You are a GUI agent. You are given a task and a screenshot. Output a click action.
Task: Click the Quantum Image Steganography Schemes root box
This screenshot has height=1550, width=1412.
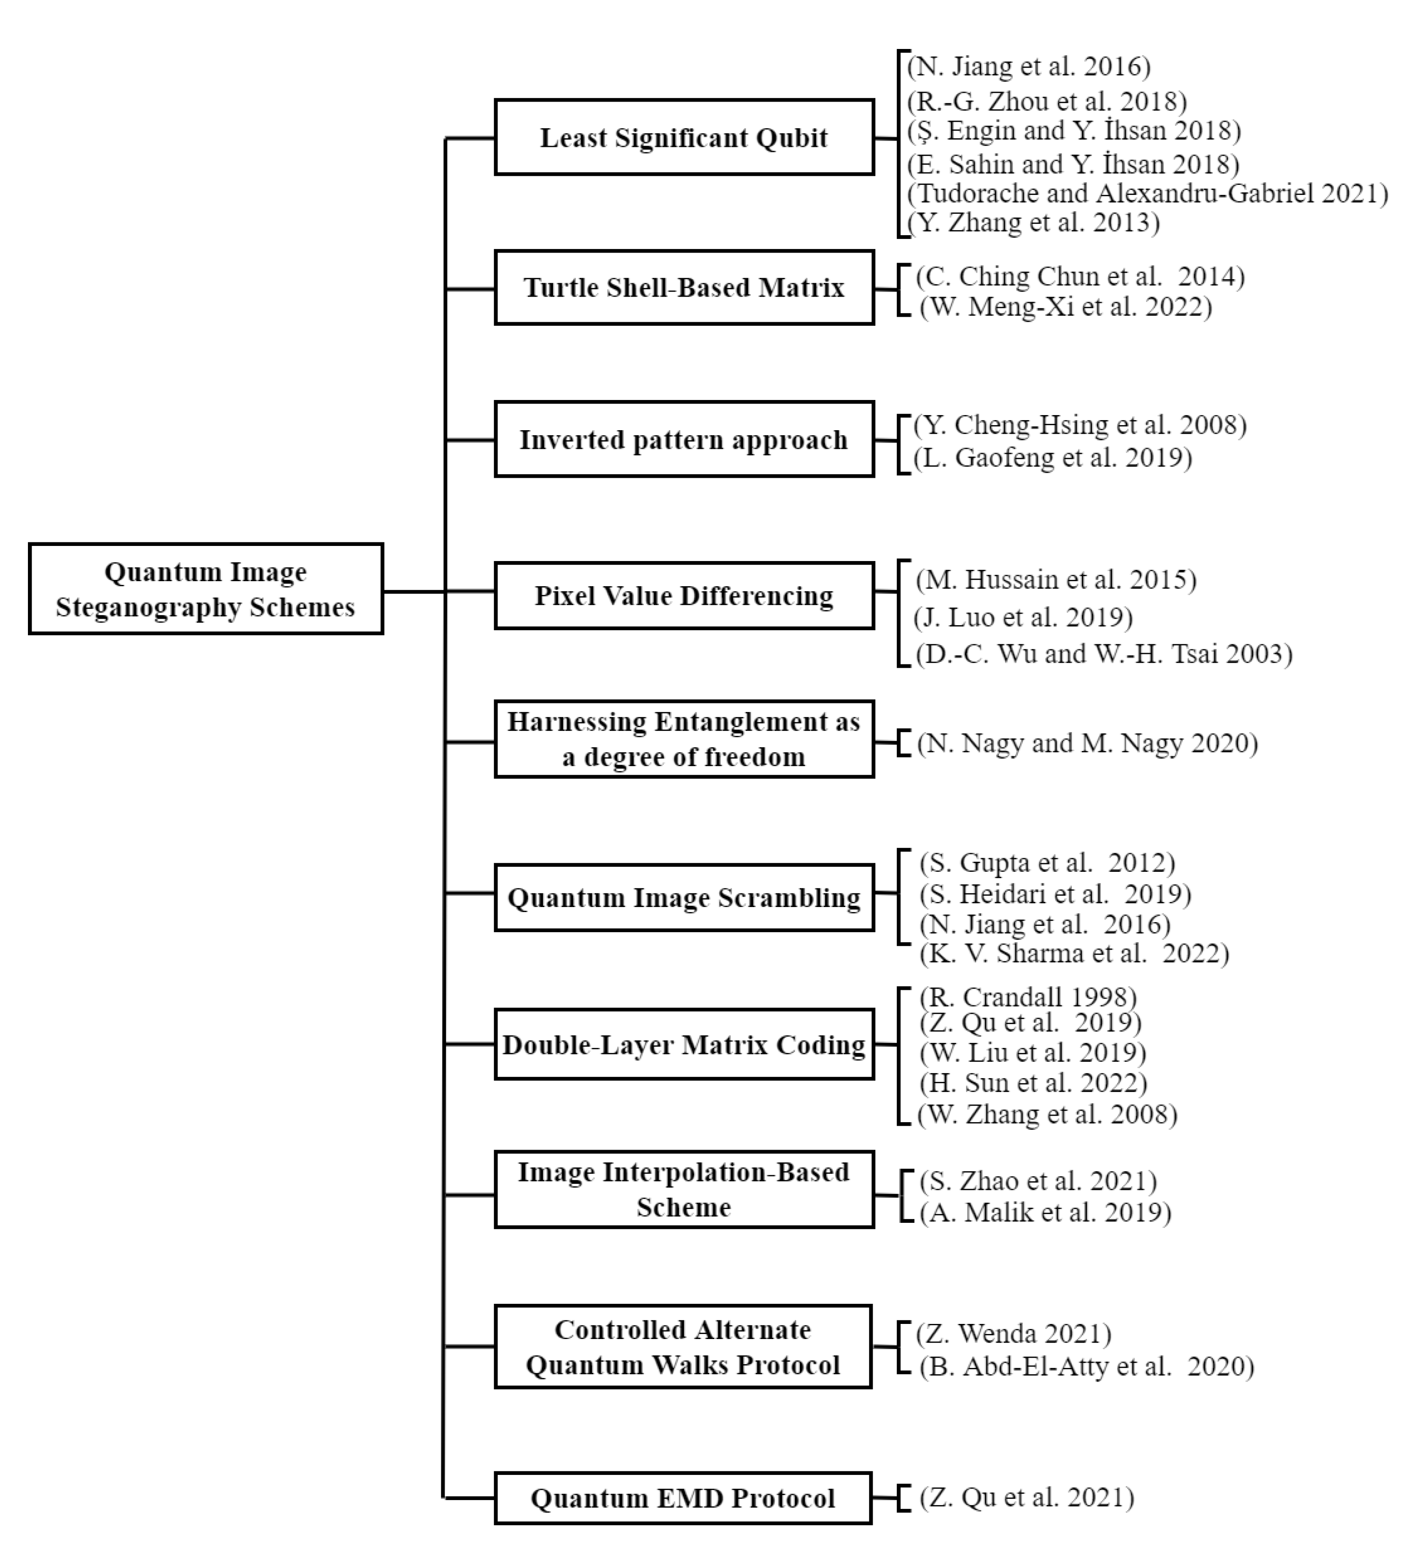[x=205, y=589]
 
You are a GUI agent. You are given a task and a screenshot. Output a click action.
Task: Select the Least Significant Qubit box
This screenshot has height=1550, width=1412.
[x=684, y=138]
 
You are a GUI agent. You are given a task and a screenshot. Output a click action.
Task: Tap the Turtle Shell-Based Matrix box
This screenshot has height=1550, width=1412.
[x=684, y=287]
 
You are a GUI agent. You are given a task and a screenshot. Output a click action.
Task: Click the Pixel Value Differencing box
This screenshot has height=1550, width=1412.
[x=684, y=596]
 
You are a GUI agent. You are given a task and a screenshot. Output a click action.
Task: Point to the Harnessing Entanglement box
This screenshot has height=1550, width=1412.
[x=684, y=739]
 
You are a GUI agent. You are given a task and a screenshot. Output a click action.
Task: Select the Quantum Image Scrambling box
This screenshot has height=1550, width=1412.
[x=684, y=897]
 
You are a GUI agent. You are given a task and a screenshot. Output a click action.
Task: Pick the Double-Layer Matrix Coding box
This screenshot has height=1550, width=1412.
[x=684, y=1044]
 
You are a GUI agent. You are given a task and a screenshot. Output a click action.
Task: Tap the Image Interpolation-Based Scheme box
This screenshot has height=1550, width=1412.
[x=684, y=1189]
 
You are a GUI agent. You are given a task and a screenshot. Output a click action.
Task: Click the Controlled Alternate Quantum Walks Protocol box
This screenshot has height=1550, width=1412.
[x=682, y=1346]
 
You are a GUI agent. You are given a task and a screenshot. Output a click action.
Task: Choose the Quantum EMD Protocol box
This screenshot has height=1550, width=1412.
[x=682, y=1498]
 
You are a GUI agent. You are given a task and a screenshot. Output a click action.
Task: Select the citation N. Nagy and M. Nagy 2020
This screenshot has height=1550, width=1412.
[x=1086, y=744]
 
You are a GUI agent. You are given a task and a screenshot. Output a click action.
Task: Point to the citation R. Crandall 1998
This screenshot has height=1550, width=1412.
[x=1027, y=997]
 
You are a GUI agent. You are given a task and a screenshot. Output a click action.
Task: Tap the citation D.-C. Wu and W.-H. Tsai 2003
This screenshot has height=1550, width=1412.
[x=1103, y=653]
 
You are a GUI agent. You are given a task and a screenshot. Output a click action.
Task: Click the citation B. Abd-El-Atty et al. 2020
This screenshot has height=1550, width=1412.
[x=1086, y=1366]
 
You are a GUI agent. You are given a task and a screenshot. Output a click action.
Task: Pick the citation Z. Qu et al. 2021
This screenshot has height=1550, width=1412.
[x=1026, y=1497]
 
